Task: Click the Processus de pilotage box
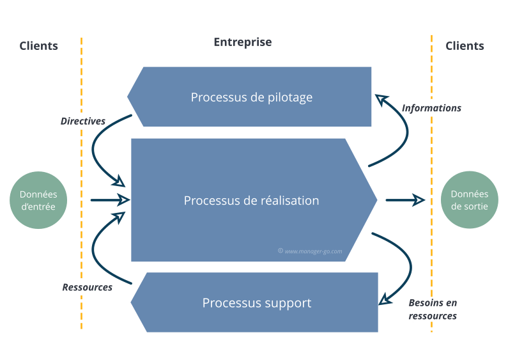(x=251, y=97)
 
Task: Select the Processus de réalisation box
(x=251, y=200)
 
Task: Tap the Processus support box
(x=257, y=302)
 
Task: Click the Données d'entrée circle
(x=38, y=200)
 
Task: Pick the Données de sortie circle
(x=470, y=200)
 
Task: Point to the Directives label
(x=82, y=121)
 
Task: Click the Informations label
(x=431, y=108)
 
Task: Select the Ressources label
(x=87, y=287)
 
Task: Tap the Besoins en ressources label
(x=434, y=309)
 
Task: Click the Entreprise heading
(x=242, y=42)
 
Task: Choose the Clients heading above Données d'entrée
(x=39, y=45)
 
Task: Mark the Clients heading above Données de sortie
(x=465, y=45)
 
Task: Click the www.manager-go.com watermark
(x=311, y=251)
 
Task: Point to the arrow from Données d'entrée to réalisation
(x=109, y=200)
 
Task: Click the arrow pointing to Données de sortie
(x=405, y=200)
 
